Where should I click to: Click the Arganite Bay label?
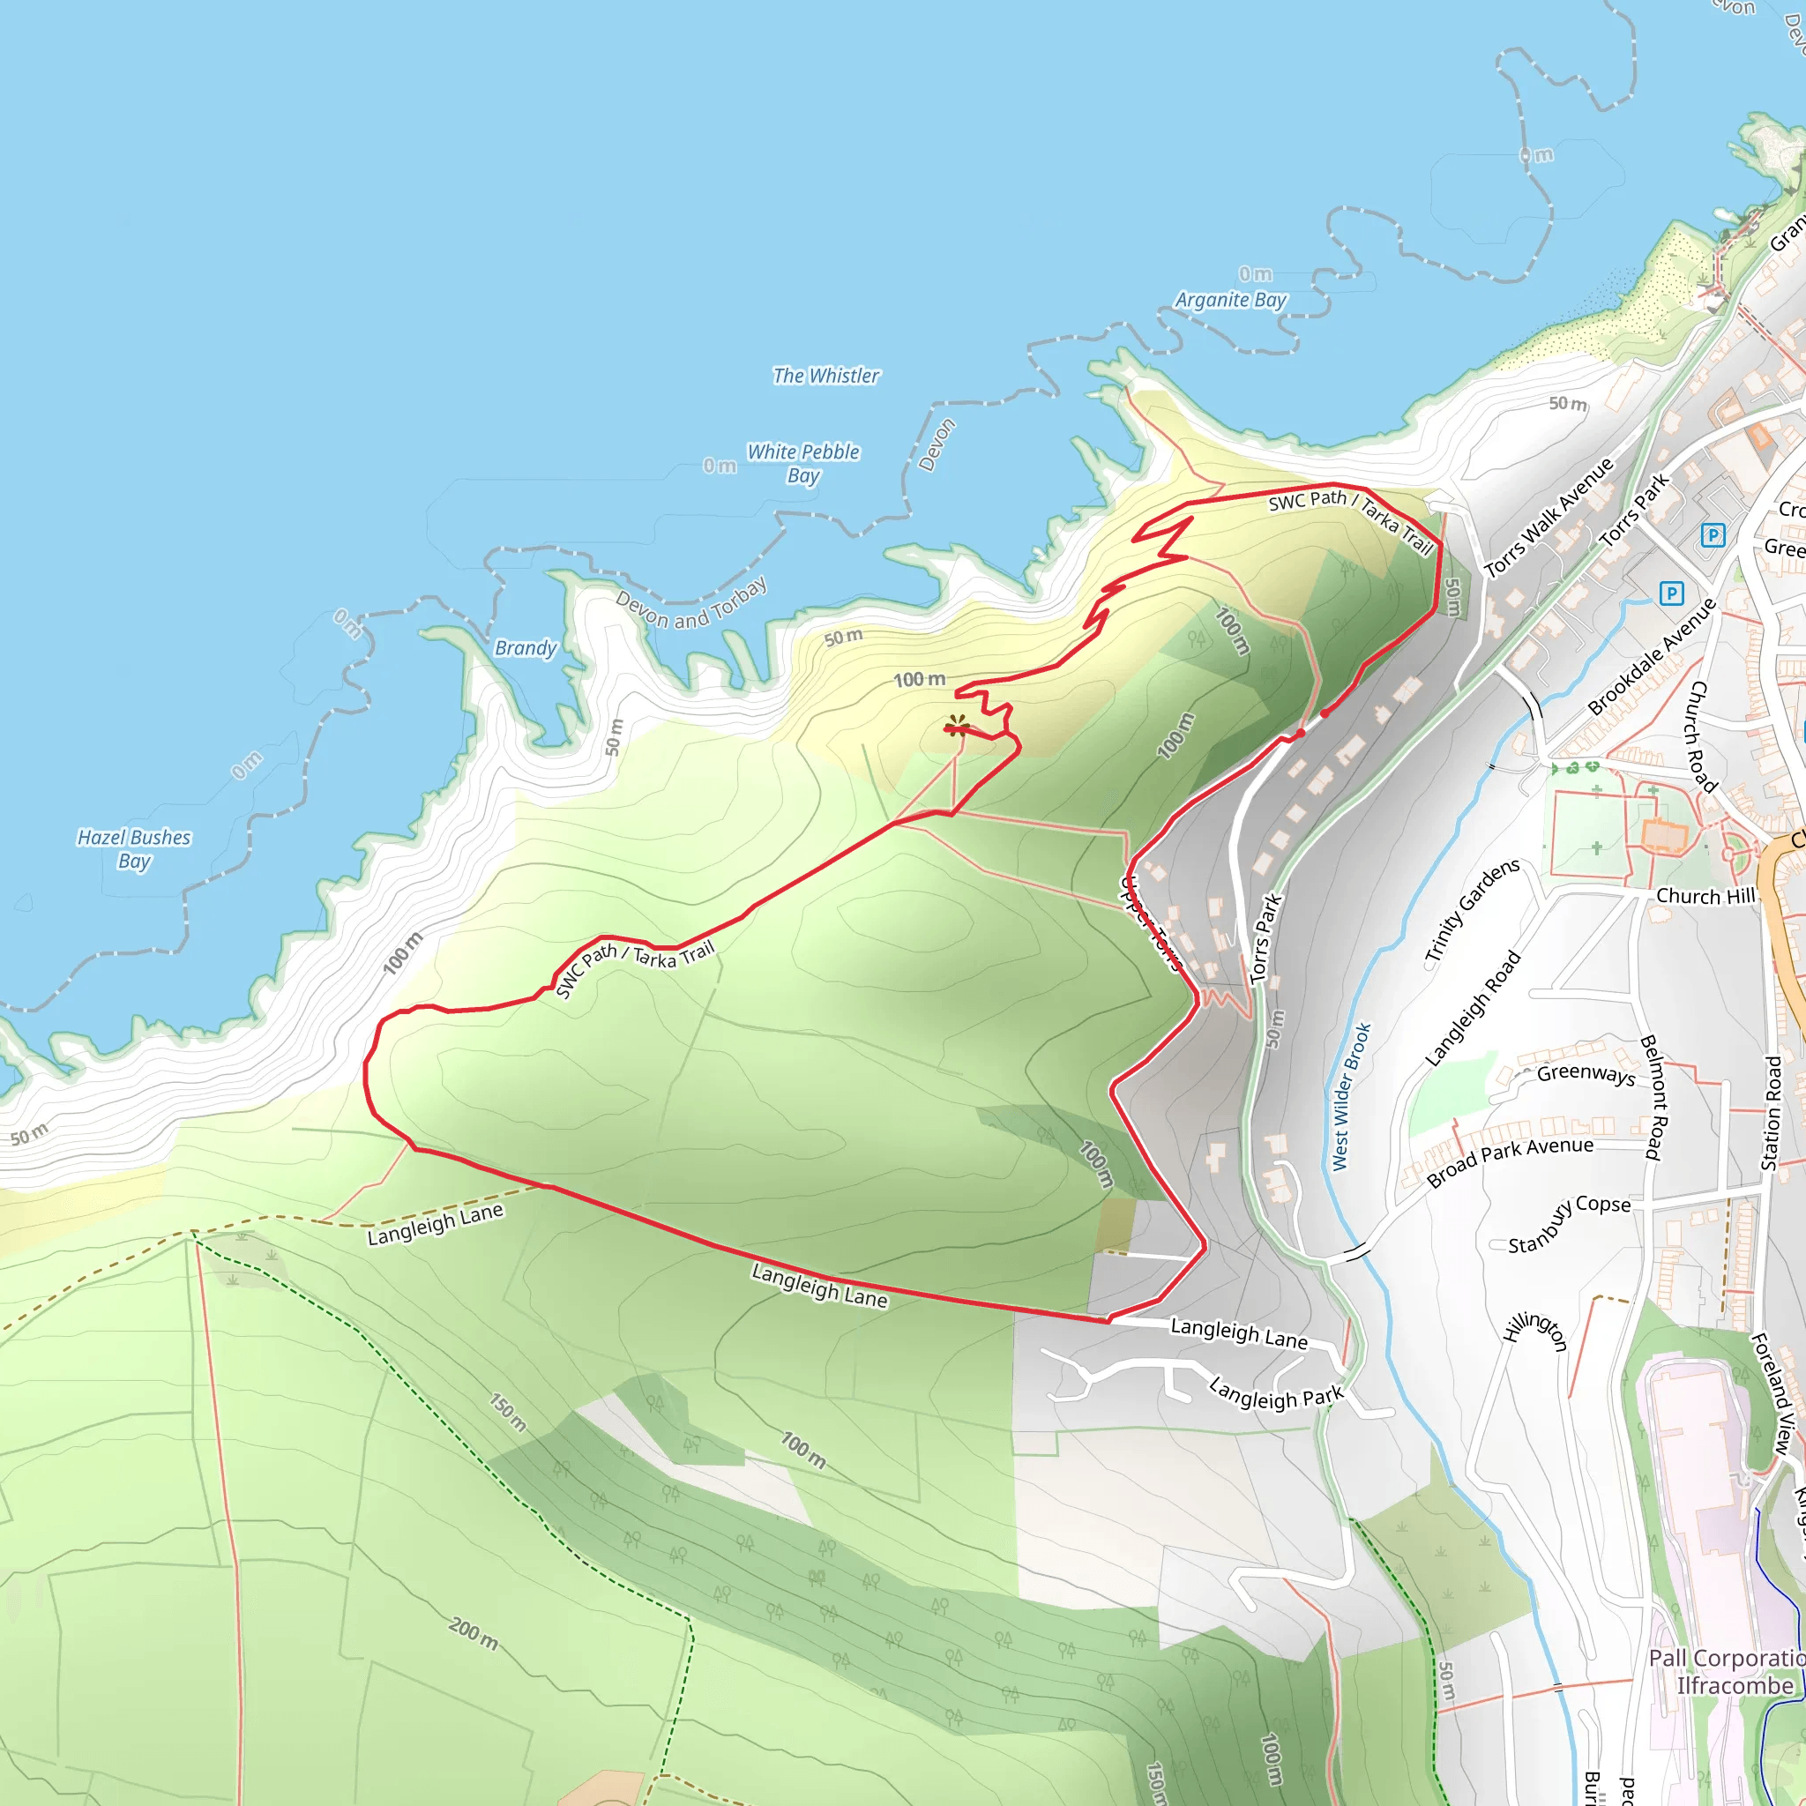[1230, 300]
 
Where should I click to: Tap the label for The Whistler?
[825, 376]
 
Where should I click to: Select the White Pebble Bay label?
[803, 463]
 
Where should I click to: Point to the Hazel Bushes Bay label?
[134, 849]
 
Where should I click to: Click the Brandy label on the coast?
[526, 648]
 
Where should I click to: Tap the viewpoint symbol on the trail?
[956, 726]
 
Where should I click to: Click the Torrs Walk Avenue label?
[1549, 517]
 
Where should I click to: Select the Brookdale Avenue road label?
[1652, 656]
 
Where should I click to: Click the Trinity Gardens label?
[1472, 912]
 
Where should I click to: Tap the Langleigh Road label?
[1473, 1009]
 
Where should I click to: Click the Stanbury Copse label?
[1569, 1224]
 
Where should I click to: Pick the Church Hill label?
[1705, 897]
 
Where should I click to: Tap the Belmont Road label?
[1653, 1097]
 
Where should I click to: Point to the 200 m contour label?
[473, 1633]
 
